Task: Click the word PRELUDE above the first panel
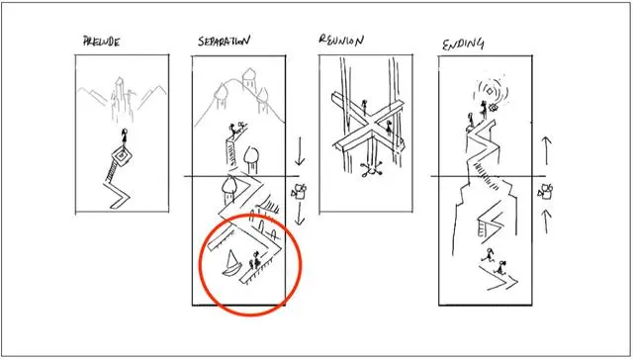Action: coord(101,42)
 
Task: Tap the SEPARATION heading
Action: coord(224,41)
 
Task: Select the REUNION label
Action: coord(341,40)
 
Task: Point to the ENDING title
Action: coord(463,44)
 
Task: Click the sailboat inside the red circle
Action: coord(231,264)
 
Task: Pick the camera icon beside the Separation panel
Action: coord(299,191)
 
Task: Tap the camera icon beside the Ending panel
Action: coord(545,191)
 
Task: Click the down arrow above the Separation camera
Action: coord(299,151)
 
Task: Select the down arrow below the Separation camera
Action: coord(299,214)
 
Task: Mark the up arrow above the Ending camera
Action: coord(546,150)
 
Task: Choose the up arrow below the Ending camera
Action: coord(546,222)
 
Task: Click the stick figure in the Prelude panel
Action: coord(124,137)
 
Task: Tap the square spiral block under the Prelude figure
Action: coord(122,155)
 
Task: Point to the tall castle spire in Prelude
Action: coord(119,99)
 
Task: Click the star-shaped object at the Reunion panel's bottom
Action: coord(367,170)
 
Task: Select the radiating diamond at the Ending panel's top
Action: coord(490,90)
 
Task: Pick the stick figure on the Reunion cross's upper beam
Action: coord(365,107)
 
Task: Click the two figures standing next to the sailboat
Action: coord(254,260)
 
